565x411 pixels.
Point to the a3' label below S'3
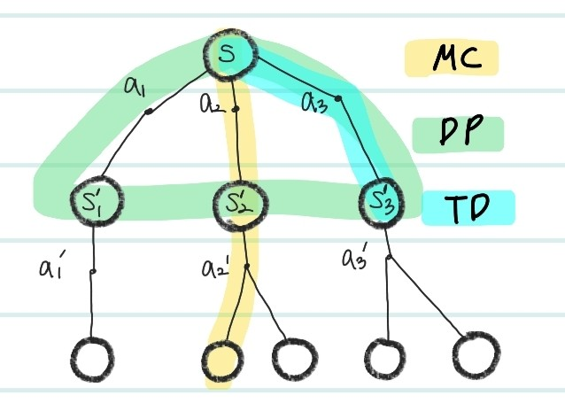pyautogui.click(x=357, y=260)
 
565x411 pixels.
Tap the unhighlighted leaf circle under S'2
pyautogui.click(x=293, y=358)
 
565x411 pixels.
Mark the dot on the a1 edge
pyautogui.click(x=149, y=112)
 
